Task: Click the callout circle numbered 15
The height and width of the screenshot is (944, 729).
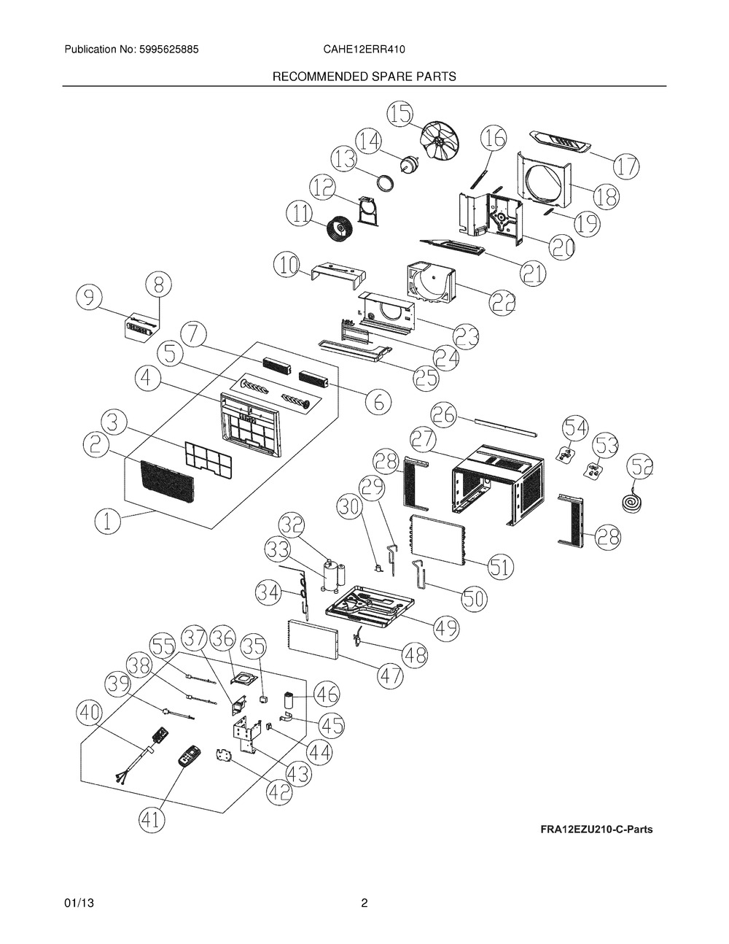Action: click(399, 115)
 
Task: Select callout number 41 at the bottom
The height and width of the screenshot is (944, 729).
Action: click(152, 821)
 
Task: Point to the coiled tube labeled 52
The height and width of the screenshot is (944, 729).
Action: click(630, 503)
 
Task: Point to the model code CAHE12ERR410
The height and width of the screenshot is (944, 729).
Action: click(364, 50)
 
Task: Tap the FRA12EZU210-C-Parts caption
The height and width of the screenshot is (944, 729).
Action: click(596, 829)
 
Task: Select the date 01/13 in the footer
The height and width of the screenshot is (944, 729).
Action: click(79, 903)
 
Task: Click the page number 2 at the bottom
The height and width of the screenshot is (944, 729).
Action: click(364, 903)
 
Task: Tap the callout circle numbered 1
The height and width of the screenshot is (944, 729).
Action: click(108, 520)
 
